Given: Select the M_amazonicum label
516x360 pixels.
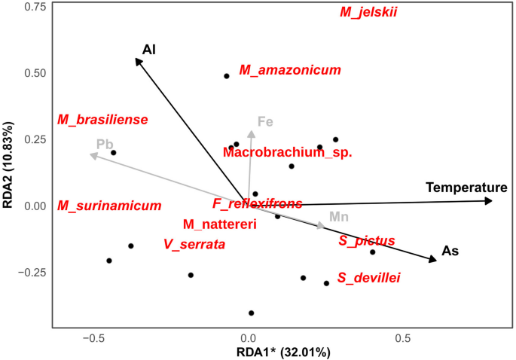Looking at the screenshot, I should tap(290, 70).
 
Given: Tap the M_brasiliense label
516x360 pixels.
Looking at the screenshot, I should tap(102, 120).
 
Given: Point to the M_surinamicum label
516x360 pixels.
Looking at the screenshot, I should tap(109, 206).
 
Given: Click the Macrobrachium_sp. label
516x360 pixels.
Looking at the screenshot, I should tap(288, 152).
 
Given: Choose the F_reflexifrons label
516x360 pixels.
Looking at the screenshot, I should tap(257, 203).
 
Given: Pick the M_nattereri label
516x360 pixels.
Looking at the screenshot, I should tap(220, 224).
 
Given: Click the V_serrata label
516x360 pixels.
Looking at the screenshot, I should tap(194, 245).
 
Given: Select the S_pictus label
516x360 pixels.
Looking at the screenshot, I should tap(367, 241).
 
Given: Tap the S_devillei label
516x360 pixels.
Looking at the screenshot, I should tap(369, 278).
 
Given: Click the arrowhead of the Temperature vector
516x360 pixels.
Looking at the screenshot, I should tap(490, 201).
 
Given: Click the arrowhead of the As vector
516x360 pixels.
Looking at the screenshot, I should tap(433, 260).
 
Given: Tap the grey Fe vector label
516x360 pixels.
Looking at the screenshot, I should tap(265, 121).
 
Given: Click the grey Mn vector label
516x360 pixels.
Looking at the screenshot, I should tap(339, 217).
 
